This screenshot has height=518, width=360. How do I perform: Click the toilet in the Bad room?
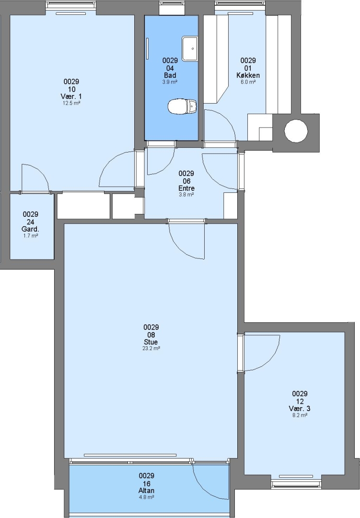182,106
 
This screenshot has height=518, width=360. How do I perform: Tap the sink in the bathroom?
189,48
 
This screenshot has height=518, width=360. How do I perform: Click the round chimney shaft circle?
296,131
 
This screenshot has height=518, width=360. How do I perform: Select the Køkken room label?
248,75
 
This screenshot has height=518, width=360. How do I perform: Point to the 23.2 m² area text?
151,348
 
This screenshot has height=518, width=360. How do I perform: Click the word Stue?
151,342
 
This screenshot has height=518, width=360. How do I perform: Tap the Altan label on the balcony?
147,491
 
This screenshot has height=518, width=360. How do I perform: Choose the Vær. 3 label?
300,408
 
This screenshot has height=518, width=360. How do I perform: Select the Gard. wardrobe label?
30,229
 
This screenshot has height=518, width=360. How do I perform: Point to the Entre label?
186,188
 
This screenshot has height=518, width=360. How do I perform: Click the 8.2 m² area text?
300,415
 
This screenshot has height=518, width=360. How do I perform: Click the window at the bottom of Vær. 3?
296,484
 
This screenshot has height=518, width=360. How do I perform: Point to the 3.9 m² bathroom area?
170,82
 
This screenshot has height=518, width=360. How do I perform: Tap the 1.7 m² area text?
30,236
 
